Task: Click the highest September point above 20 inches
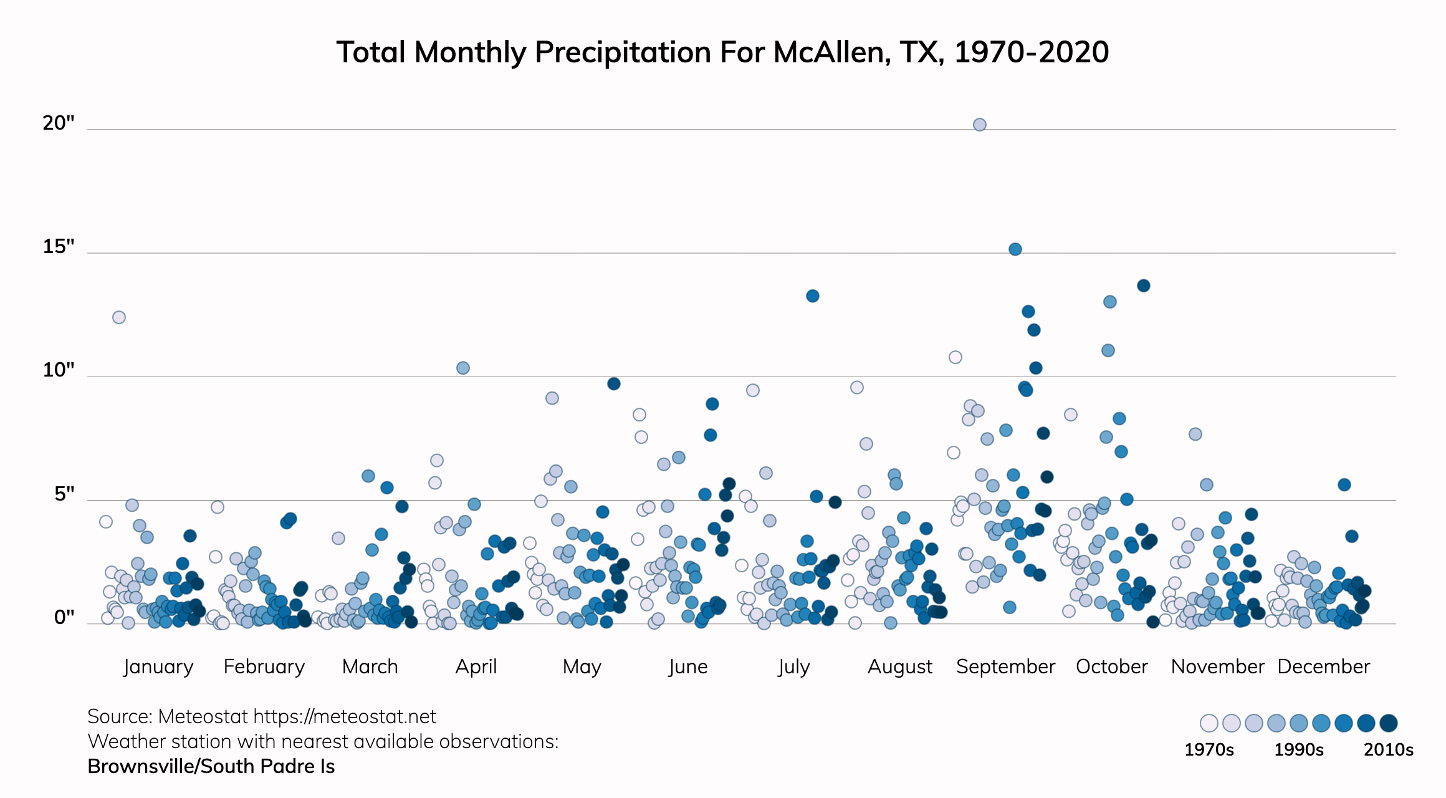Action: tap(979, 125)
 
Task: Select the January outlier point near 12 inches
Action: tap(119, 317)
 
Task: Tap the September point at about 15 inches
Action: tap(1015, 249)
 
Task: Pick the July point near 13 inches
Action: tap(812, 296)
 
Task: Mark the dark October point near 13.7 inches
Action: tap(1144, 286)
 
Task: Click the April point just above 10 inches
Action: tap(463, 368)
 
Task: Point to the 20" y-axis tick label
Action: tap(59, 123)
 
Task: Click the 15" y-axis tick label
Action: tap(59, 246)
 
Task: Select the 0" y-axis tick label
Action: tap(64, 617)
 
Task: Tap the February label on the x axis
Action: tap(264, 666)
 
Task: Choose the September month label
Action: tap(1005, 666)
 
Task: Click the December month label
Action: tap(1324, 666)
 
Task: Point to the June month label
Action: tap(688, 666)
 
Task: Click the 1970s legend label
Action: tap(1209, 749)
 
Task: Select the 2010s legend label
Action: tap(1389, 749)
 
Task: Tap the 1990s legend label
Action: tap(1299, 749)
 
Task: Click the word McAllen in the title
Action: tap(826, 52)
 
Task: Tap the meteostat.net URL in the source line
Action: tap(345, 716)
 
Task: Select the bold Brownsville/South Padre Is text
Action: tap(211, 766)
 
